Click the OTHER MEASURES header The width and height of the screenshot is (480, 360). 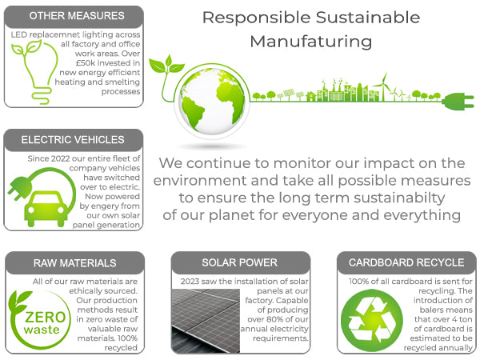pos(77,16)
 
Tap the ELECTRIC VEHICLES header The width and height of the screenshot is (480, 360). pos(73,139)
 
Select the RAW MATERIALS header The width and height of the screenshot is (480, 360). pos(75,263)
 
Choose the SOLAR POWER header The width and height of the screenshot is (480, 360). pos(240,262)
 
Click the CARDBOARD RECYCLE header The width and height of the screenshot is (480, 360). pos(406,262)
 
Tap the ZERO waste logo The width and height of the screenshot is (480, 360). pos(39,319)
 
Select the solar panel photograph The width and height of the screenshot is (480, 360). pos(206,321)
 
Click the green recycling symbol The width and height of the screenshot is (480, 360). pos(371,321)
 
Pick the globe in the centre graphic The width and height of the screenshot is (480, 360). pos(212,101)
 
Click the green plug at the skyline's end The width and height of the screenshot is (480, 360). pos(458,102)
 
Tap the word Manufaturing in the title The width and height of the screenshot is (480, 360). pos(311,42)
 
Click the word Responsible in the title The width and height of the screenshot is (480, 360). pos(257,18)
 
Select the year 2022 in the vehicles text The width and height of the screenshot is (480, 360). pos(61,158)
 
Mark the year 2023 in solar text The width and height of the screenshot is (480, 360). pos(190,282)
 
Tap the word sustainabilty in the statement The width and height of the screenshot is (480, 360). pos(399,198)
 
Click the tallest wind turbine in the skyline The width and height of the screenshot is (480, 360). pos(384,86)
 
